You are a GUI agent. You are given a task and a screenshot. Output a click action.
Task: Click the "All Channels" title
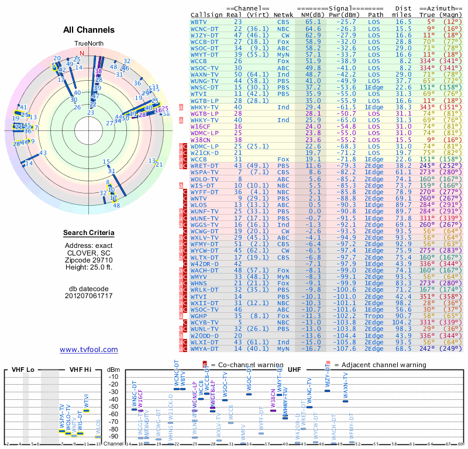pos(89,30)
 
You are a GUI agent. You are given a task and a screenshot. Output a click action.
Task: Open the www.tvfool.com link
pos(89,350)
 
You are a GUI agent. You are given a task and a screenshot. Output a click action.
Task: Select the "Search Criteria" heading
pos(89,233)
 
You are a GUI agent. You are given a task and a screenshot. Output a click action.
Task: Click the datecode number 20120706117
pos(89,296)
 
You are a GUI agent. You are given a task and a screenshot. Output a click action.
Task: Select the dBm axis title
pos(113,369)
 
